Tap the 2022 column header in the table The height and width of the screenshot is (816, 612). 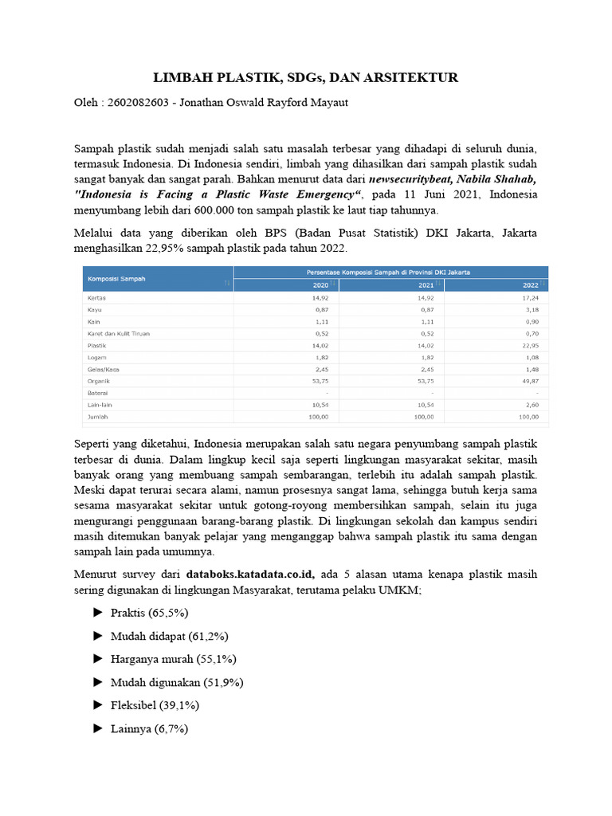click(x=530, y=284)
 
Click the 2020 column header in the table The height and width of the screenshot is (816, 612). click(x=320, y=284)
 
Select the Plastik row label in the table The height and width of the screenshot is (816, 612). click(x=96, y=346)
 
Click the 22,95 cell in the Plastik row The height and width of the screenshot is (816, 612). click(x=528, y=346)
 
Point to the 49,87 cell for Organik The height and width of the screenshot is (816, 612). click(x=528, y=381)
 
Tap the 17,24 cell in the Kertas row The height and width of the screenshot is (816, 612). click(x=528, y=297)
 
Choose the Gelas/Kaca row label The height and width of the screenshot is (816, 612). click(x=103, y=369)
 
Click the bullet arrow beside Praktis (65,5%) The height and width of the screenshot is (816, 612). click(x=98, y=612)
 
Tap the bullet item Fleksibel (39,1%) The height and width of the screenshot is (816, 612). click(x=155, y=705)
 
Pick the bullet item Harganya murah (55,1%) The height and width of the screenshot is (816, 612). click(x=174, y=659)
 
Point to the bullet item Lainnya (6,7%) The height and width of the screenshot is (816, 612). click(x=150, y=728)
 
